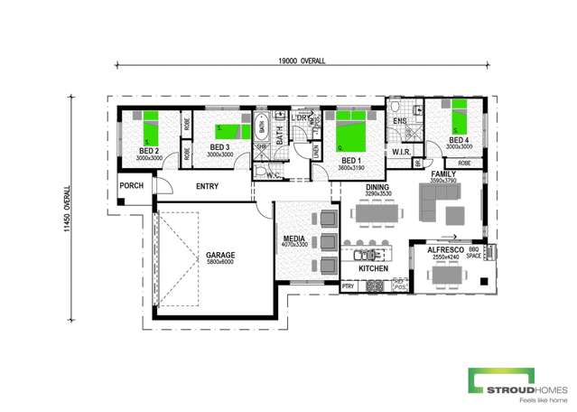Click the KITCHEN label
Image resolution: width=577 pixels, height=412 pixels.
click(x=374, y=269)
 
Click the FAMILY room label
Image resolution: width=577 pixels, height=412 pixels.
click(x=444, y=173)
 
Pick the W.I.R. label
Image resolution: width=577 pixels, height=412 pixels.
click(x=402, y=153)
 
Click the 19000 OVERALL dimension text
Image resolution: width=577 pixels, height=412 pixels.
click(x=302, y=60)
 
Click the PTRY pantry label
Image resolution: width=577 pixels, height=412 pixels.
click(x=349, y=286)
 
